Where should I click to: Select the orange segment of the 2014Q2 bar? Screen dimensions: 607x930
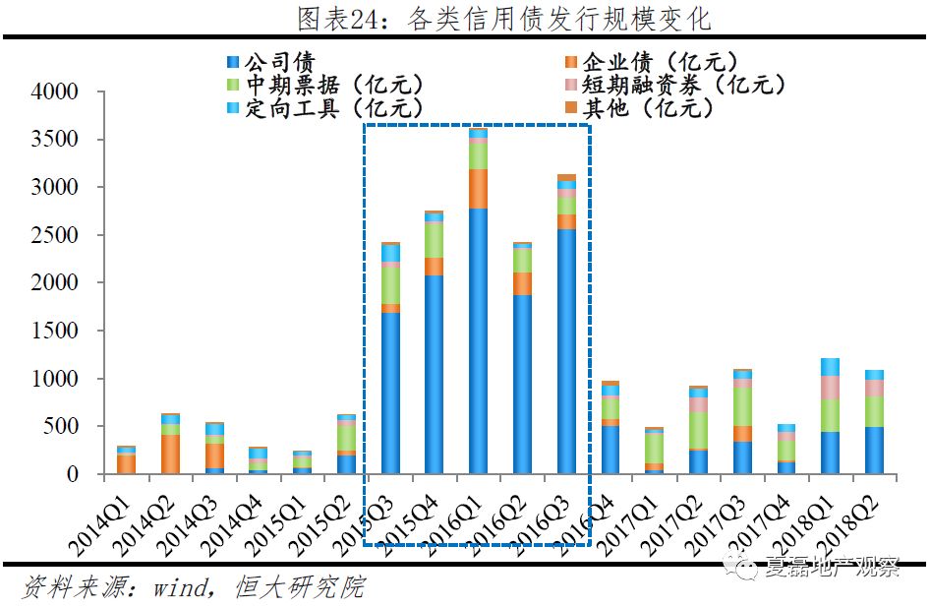coord(171,454)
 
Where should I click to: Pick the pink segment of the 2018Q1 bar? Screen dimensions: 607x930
coord(830,388)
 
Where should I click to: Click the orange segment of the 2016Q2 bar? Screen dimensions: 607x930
coord(522,283)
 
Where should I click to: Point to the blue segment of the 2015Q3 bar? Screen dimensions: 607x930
coord(390,393)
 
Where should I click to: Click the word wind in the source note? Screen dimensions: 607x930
coord(177,588)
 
